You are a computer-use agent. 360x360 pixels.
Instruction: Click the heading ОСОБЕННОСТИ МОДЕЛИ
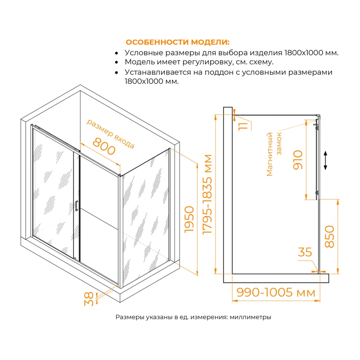coord(177,42)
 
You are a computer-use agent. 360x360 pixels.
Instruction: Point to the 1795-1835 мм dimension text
coord(208,193)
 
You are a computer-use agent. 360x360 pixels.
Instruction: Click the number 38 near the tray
coord(89,298)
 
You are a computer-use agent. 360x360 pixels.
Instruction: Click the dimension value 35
coord(305,252)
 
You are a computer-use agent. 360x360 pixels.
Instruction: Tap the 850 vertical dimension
coord(330,237)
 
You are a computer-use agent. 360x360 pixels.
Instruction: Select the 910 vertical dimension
coord(298,159)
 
